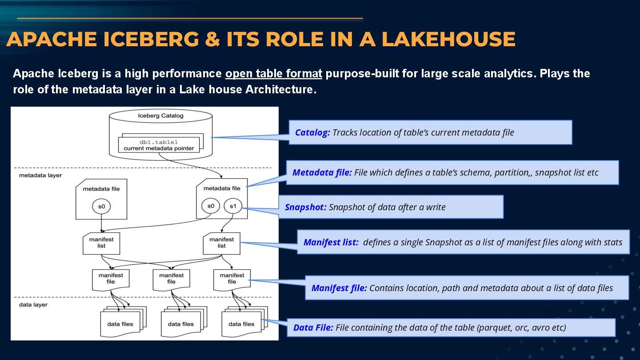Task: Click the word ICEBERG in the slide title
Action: coord(152,39)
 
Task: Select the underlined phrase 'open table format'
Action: coord(273,73)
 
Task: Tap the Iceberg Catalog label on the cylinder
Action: coord(160,116)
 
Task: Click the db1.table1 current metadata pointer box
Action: coord(159,145)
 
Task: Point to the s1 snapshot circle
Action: coord(233,206)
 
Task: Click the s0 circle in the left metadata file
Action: coord(101,206)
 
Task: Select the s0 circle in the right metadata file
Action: coord(211,206)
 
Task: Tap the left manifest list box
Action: coord(101,243)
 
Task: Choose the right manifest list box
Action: coord(221,243)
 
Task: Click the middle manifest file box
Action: coord(171,279)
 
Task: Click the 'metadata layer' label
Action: coord(40,176)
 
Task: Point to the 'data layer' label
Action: coord(33,305)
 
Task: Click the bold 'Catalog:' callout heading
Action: coord(312,132)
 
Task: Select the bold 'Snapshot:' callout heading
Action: coord(305,207)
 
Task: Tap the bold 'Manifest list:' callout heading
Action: coord(331,242)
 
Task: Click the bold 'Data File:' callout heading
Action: coord(313,328)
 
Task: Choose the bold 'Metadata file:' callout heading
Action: coord(322,172)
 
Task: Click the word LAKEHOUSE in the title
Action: coord(448,39)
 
